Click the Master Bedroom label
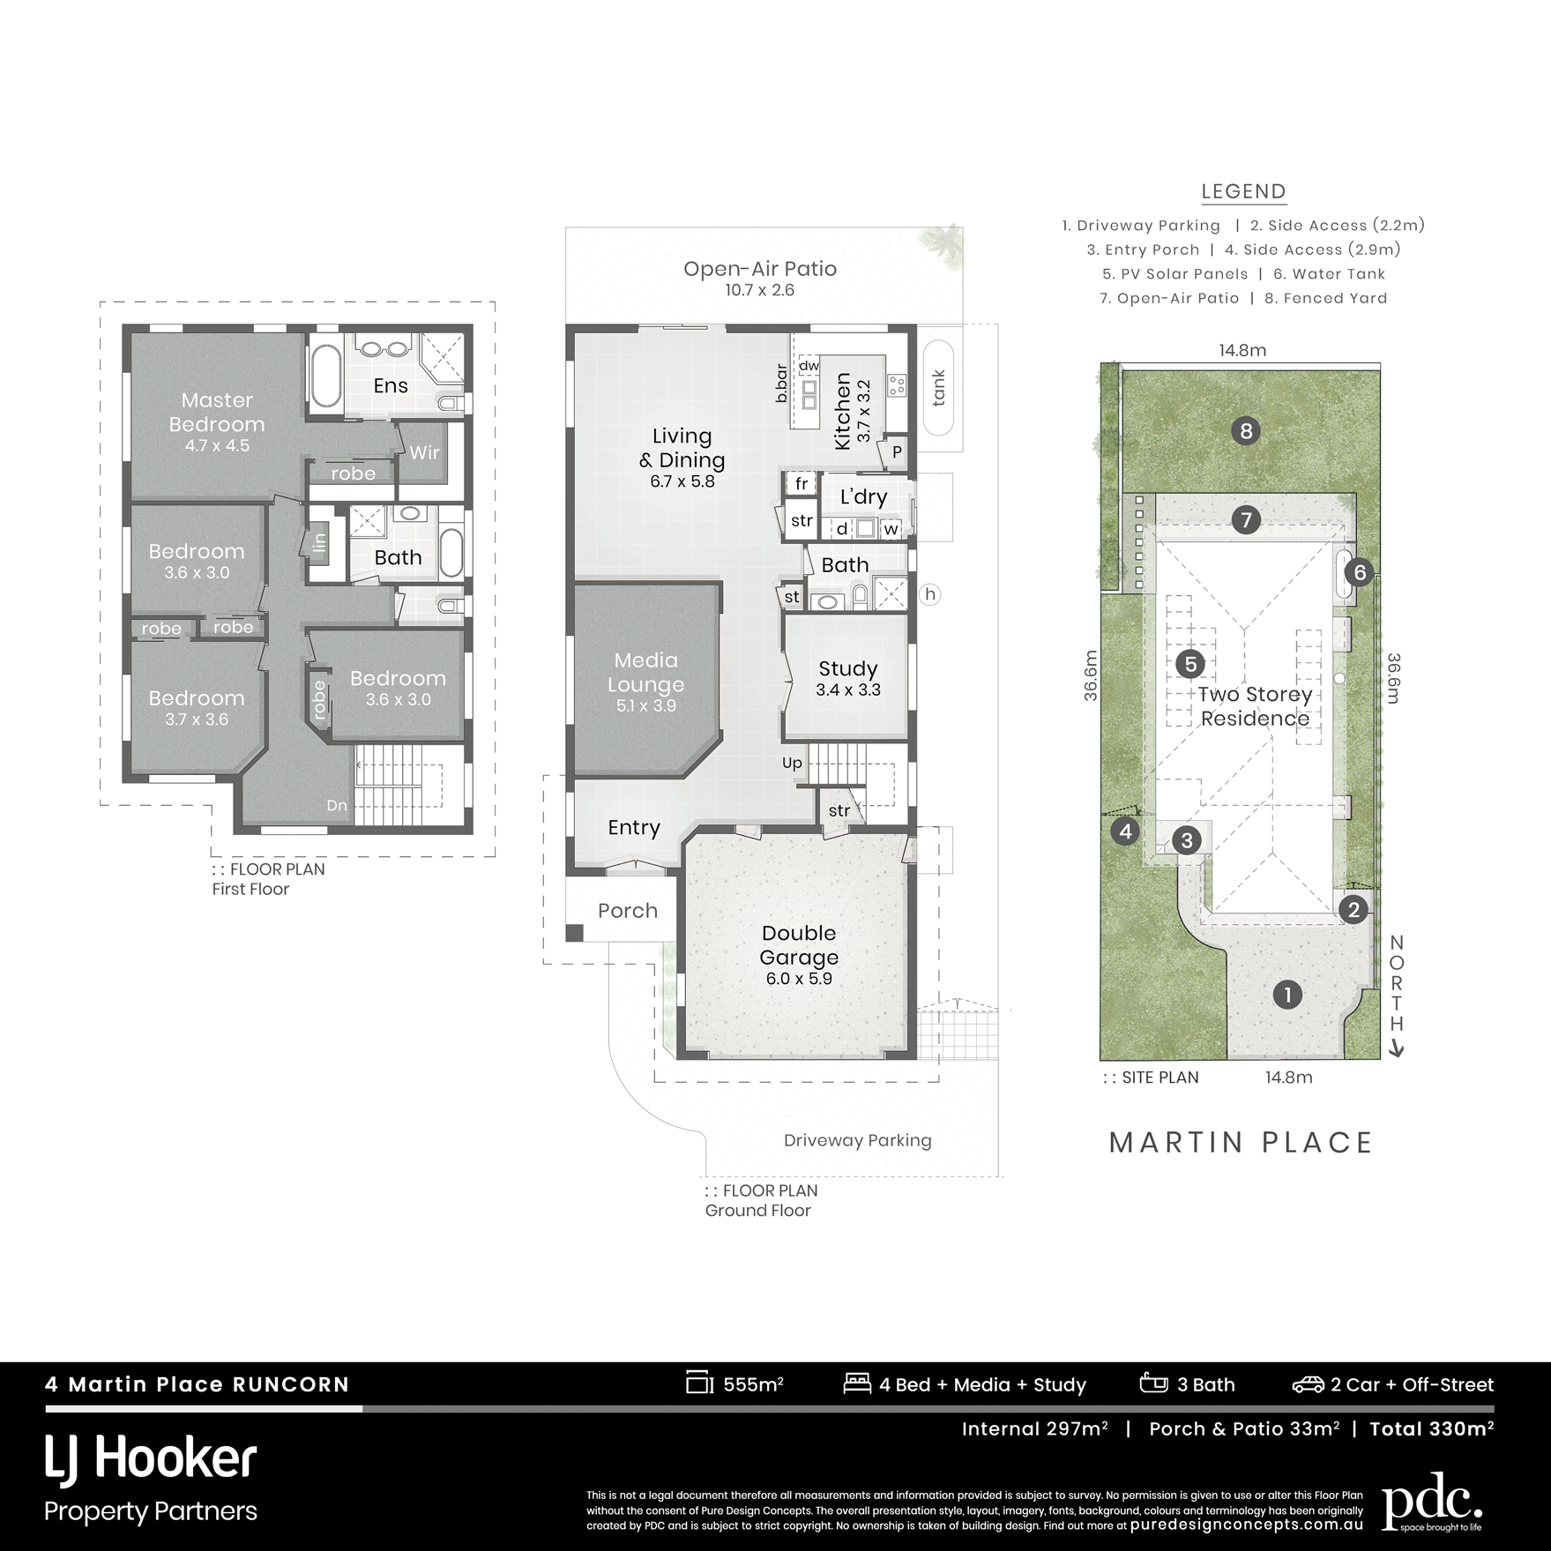point(217,412)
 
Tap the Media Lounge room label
point(646,672)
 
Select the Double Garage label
point(799,944)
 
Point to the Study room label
point(848,668)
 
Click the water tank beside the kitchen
point(938,387)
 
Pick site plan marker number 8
point(1245,431)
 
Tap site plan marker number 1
point(1287,995)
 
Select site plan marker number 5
point(1190,664)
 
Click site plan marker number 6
point(1359,573)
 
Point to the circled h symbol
point(929,594)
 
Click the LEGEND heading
point(1243,191)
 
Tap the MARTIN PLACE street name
point(1241,1143)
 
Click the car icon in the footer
point(1308,1385)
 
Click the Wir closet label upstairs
point(424,452)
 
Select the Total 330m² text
point(1431,1429)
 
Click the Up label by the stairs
point(792,763)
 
